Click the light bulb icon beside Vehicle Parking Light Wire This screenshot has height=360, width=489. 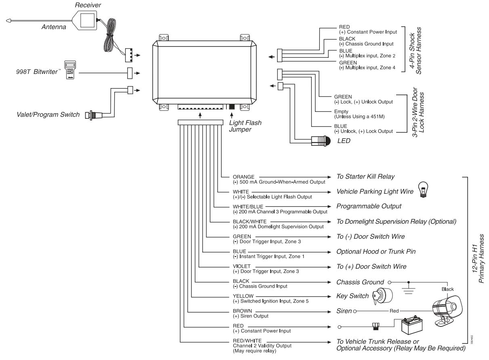click(424, 189)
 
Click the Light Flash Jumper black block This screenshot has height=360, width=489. click(232, 107)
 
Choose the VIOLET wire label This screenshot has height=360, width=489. click(242, 266)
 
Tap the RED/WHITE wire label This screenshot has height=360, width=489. click(247, 341)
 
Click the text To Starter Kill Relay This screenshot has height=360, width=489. click(365, 177)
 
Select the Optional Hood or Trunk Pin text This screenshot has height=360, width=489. click(376, 251)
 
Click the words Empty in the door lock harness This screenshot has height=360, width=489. click(341, 112)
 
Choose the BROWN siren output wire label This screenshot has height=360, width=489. click(243, 311)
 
